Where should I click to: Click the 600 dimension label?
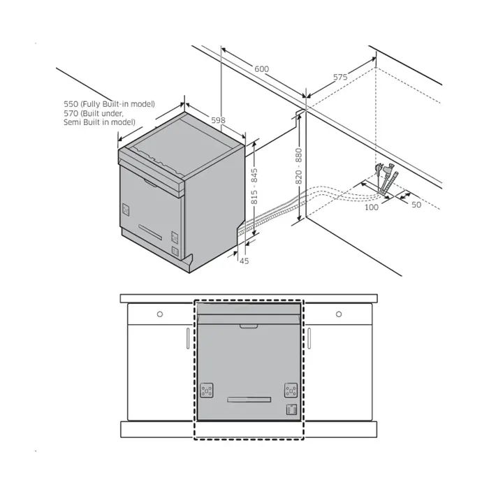click(x=261, y=69)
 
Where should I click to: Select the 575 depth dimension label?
click(x=340, y=77)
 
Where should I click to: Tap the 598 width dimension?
click(x=218, y=120)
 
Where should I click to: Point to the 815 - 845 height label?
click(x=254, y=187)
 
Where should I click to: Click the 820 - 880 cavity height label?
click(x=298, y=166)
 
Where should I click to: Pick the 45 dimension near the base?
click(x=245, y=261)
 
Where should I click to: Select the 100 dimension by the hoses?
click(x=372, y=207)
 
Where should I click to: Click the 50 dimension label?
click(x=416, y=205)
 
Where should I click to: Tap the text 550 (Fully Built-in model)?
click(x=109, y=104)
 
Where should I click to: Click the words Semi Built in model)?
click(x=99, y=122)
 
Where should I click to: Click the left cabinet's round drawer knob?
click(x=160, y=314)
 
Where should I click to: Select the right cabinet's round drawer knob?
click(x=339, y=314)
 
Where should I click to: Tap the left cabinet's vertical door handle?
click(x=188, y=338)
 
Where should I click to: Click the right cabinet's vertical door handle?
click(x=309, y=338)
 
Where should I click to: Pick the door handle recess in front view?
click(x=249, y=326)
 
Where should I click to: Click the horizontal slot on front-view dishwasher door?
click(x=249, y=400)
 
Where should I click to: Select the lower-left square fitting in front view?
click(x=207, y=390)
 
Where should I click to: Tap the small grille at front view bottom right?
click(x=291, y=409)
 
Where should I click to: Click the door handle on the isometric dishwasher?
click(x=151, y=183)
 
